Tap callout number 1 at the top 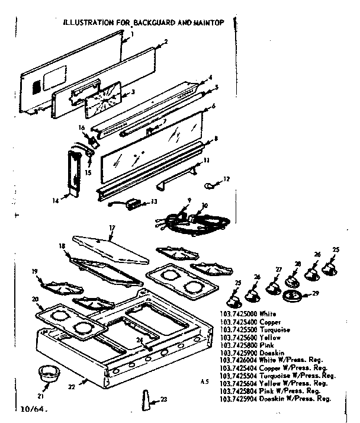132,34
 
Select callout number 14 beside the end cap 54,201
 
